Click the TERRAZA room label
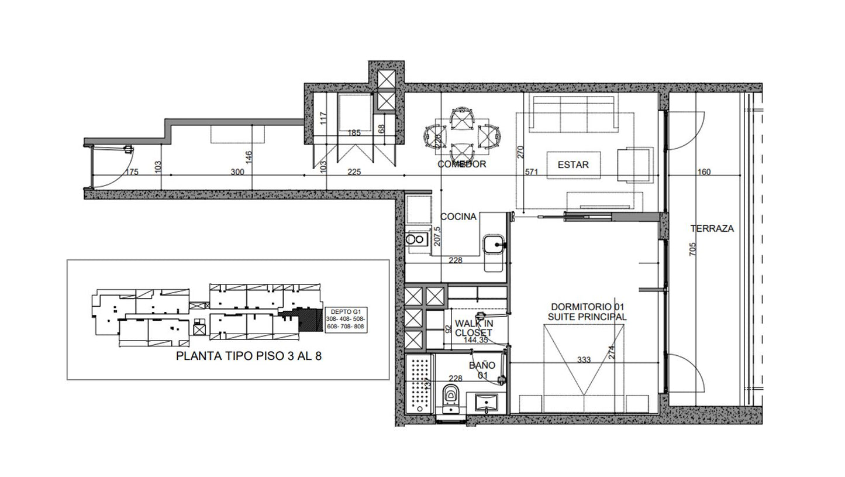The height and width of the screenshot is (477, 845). [x=712, y=229]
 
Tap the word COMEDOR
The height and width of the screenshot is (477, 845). [x=462, y=164]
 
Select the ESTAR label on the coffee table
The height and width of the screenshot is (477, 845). [x=573, y=165]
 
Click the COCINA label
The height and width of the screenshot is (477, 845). [x=458, y=217]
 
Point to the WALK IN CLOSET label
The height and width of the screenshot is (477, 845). [x=474, y=328]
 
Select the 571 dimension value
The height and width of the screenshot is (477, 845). [x=531, y=172]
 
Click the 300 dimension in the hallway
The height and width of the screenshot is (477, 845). [x=237, y=172]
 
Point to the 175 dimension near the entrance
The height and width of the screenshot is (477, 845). [x=132, y=172]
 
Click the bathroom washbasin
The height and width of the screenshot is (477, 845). [x=487, y=403]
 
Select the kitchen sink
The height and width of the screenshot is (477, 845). [x=493, y=245]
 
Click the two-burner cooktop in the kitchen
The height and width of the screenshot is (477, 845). [x=416, y=239]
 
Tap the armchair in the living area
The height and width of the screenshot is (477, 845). [x=635, y=165]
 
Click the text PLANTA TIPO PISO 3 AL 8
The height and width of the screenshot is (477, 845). [x=249, y=356]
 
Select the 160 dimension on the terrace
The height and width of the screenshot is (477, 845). [x=704, y=172]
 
